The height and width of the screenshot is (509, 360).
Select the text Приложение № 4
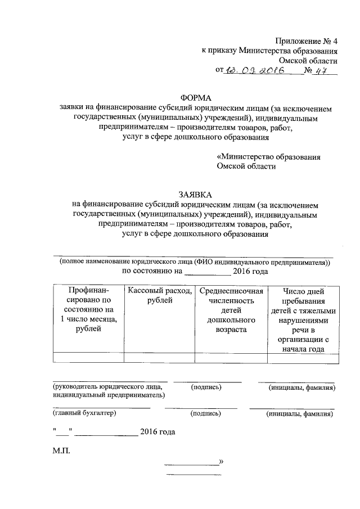(306, 41)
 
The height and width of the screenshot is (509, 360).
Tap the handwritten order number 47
(321, 70)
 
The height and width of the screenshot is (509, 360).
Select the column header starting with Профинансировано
(88, 309)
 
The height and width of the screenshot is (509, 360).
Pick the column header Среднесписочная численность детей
(231, 309)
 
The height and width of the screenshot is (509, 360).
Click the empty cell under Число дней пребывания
(303, 357)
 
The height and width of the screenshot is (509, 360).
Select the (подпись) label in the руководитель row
(206, 387)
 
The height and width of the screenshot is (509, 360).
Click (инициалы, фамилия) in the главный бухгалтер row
(299, 413)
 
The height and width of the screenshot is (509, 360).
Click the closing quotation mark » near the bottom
(221, 462)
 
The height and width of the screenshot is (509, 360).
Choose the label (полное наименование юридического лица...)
(196, 262)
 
